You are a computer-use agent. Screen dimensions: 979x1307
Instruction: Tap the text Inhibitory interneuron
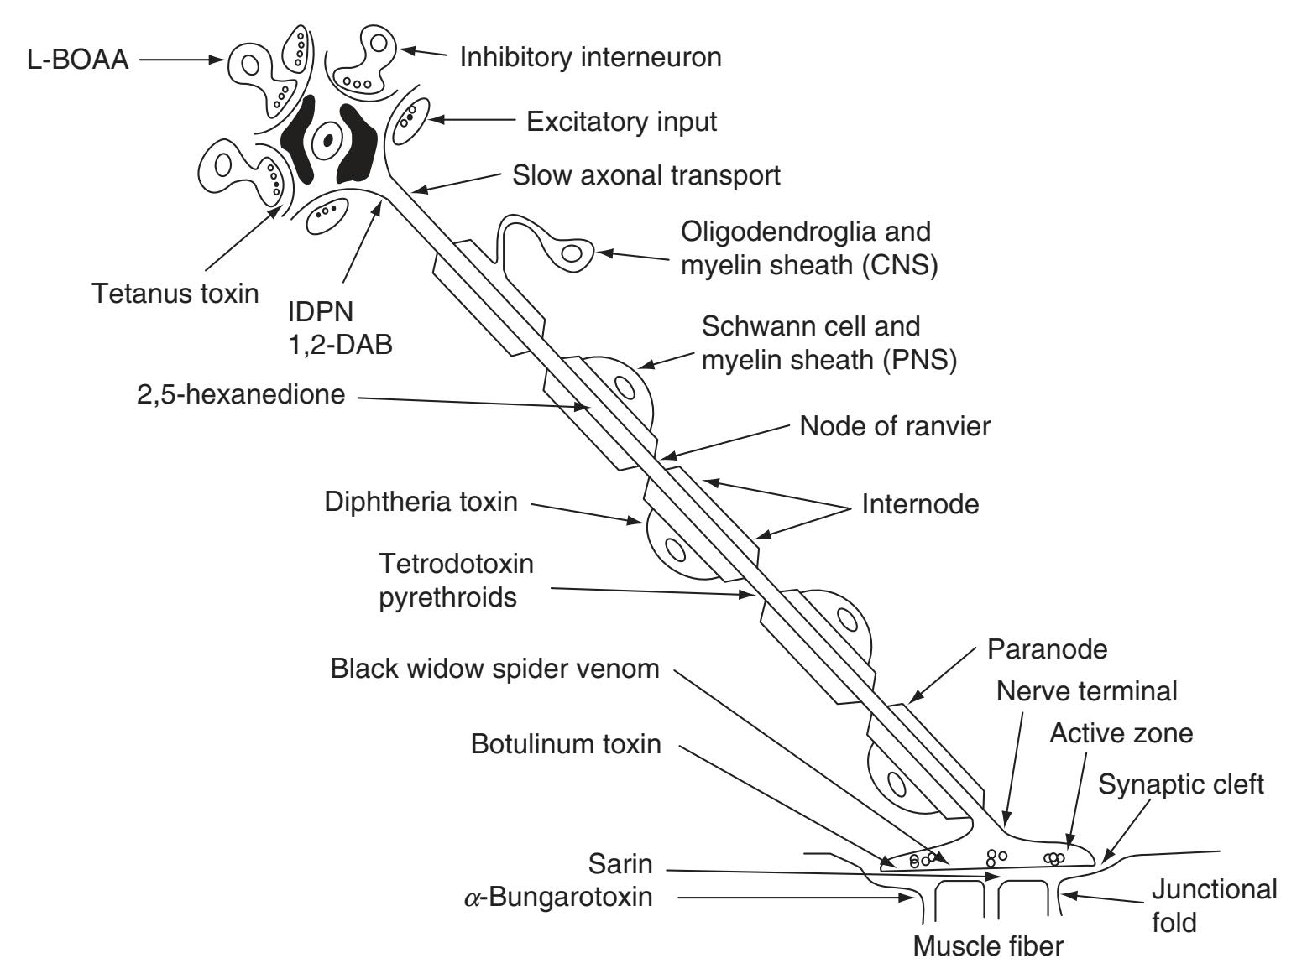(x=590, y=57)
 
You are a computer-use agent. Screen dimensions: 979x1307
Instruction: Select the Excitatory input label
(x=621, y=122)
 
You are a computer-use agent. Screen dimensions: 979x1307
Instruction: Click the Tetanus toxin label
(x=175, y=294)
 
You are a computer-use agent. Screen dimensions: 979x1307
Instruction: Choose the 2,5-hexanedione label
(x=241, y=393)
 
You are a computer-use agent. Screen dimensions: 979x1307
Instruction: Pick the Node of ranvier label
(x=894, y=425)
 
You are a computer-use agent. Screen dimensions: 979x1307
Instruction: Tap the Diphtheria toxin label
(x=421, y=503)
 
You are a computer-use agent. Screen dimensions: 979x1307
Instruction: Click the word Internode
(x=920, y=505)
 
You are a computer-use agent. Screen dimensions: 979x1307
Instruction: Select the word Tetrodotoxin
(x=456, y=563)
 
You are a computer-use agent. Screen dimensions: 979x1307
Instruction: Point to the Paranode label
(x=1048, y=648)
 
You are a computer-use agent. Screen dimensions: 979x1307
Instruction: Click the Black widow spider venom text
(x=494, y=669)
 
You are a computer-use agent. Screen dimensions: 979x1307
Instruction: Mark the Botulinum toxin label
(x=566, y=744)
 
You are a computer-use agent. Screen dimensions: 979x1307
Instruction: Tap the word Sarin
(x=620, y=863)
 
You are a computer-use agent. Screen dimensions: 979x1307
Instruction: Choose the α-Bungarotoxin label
(x=558, y=898)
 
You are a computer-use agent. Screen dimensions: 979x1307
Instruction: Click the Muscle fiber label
(x=988, y=946)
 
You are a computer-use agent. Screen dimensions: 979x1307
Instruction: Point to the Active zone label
(x=1121, y=733)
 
